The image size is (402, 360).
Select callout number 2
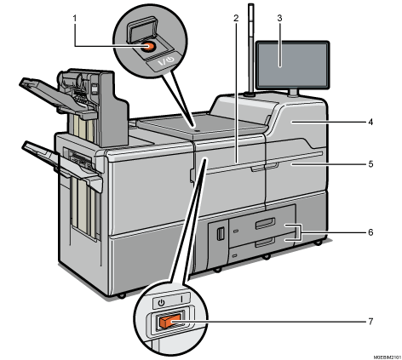pyautogui.click(x=233, y=18)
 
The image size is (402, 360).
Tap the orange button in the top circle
pyautogui.click(x=149, y=48)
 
